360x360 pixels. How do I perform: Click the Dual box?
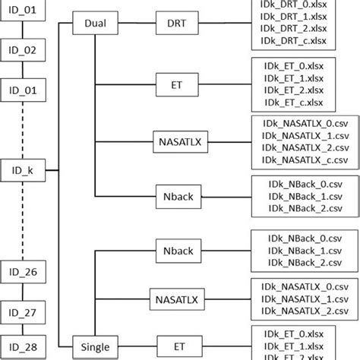click(96, 24)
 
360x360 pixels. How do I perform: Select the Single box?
click(96, 348)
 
